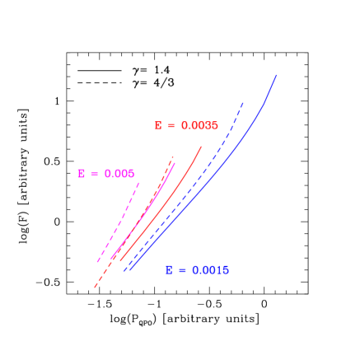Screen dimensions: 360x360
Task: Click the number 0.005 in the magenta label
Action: [x=119, y=174]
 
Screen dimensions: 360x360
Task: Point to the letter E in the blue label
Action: [x=170, y=270]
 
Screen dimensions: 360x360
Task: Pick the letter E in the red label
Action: [x=158, y=126]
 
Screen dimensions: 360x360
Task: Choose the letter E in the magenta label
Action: [x=82, y=174]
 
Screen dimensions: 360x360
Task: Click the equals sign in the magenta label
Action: [x=94, y=174]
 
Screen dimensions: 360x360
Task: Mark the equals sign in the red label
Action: [x=171, y=126]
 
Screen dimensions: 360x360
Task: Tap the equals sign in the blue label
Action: [x=182, y=270]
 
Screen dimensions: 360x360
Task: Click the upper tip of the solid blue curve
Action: [x=276, y=75]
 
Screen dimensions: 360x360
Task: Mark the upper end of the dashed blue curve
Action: [x=244, y=102]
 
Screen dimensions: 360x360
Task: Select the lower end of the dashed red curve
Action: [x=95, y=288]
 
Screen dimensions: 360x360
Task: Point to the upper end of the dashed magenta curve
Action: [x=138, y=182]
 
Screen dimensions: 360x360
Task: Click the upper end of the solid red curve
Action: [x=202, y=148]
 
